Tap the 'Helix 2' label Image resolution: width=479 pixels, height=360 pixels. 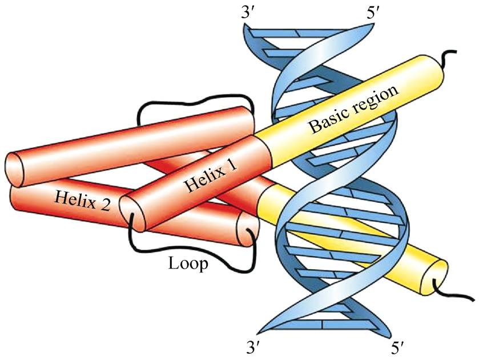(82, 201)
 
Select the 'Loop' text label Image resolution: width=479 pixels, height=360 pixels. (188, 263)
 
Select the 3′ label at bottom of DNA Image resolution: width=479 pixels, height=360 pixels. (253, 348)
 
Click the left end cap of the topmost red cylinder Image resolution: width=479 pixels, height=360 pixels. (14, 170)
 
